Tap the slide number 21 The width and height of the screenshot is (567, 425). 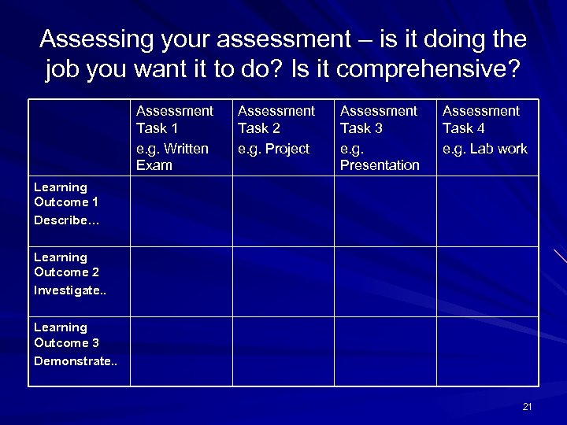528,406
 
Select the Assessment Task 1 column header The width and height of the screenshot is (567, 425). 174,119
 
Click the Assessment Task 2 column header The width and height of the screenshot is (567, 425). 276,119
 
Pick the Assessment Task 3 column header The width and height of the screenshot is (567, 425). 379,119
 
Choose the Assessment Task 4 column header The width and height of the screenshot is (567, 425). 481,119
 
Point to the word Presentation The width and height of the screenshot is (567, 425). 380,165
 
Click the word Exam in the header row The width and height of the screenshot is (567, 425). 154,165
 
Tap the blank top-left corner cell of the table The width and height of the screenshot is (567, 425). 80,139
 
